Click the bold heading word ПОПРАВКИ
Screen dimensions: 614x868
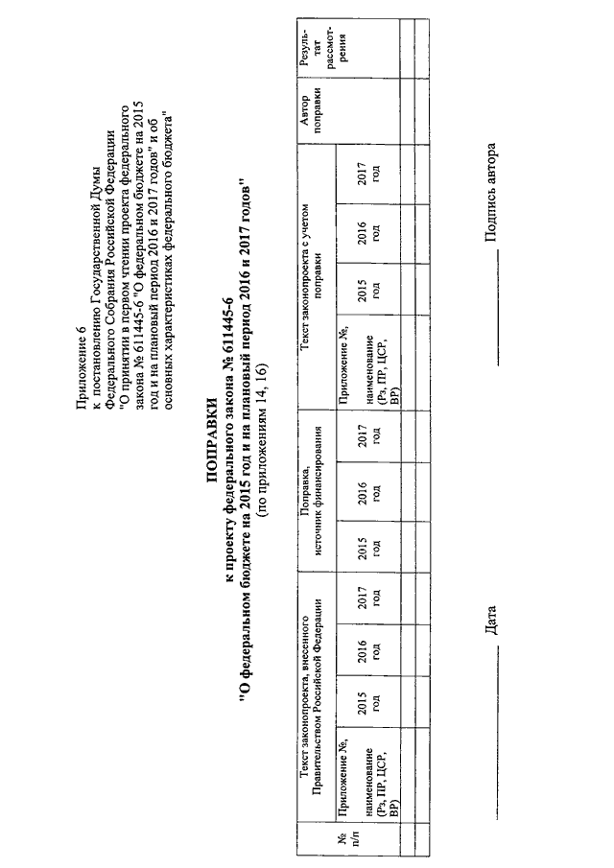pos(212,434)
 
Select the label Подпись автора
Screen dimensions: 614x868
pos(490,193)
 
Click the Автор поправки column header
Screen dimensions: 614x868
pos(311,110)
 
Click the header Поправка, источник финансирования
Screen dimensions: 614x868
pos(311,491)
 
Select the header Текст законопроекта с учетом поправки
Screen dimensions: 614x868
pos(311,277)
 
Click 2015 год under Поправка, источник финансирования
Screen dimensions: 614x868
pos(368,547)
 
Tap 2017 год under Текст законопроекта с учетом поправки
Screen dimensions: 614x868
pos(368,174)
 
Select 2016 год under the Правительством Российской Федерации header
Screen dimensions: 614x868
pos(368,650)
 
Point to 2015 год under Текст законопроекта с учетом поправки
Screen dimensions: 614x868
pos(368,288)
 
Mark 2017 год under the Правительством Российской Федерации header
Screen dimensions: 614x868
pos(368,597)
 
